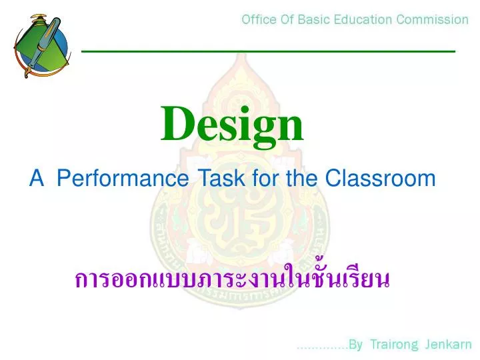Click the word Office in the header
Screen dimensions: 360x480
[x=259, y=19]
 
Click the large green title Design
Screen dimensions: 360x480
[x=232, y=125]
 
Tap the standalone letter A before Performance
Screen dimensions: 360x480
[x=36, y=179]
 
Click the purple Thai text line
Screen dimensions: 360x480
[x=231, y=279]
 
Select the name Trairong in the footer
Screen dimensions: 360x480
[x=393, y=345]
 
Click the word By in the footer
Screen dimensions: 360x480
[x=355, y=345]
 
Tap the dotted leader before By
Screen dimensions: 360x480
[x=322, y=347]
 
